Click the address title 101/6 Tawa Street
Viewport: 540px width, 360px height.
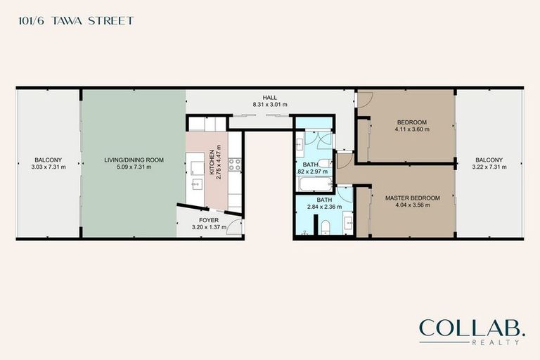pos(74,21)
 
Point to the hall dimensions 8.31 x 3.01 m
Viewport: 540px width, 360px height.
pos(270,105)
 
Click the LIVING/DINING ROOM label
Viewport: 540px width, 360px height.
pos(134,160)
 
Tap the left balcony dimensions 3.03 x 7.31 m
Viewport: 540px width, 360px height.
pos(49,167)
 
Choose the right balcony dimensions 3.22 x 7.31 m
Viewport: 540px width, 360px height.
pos(488,167)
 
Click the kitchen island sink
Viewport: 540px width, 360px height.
pos(198,184)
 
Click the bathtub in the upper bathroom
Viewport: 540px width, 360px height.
pos(314,185)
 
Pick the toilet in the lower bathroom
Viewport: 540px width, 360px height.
pos(326,227)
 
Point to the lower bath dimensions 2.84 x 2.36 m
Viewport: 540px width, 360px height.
pos(322,207)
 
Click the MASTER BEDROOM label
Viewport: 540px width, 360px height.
pos(412,198)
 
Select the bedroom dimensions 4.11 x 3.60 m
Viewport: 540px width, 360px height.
pos(411,129)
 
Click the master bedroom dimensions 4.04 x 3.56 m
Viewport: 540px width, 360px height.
pos(412,206)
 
